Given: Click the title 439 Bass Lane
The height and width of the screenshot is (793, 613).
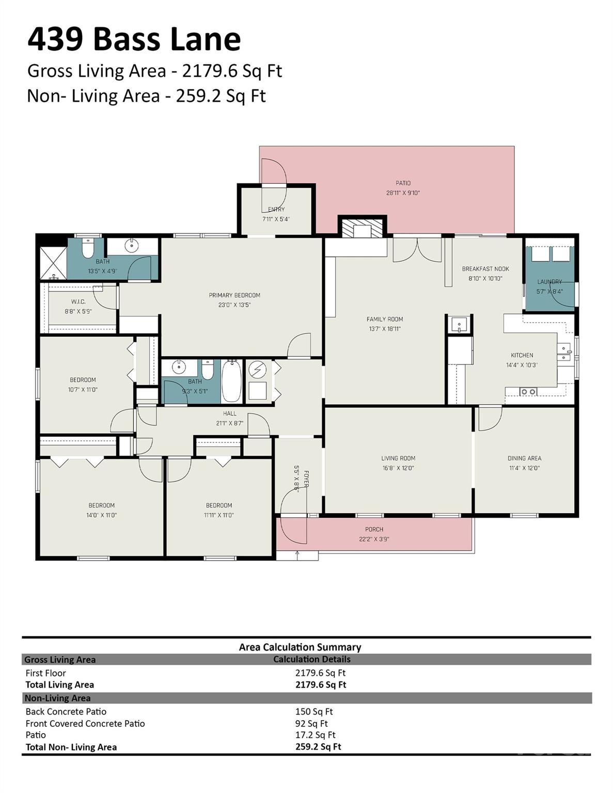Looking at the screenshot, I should (134, 39).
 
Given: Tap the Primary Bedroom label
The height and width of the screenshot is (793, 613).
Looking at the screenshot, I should (234, 295).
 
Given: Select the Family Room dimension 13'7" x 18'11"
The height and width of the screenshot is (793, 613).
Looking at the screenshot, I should (385, 329).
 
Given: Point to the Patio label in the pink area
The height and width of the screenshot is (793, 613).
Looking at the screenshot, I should (403, 183).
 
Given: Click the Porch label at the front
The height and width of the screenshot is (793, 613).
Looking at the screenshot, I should (374, 529).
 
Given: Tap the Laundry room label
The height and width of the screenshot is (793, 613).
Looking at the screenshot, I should (549, 282).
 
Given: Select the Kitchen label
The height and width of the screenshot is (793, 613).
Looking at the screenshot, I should (522, 355).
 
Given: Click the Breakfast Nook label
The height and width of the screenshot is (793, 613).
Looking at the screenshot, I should (485, 269).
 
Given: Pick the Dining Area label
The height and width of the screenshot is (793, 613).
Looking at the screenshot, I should (524, 458).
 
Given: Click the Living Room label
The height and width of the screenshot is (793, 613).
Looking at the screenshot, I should (398, 458).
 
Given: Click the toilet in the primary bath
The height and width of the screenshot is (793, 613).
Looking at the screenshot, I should (87, 249).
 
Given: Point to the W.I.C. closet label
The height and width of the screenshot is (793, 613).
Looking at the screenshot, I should (78, 302).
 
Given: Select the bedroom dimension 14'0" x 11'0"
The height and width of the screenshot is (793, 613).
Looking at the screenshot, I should (102, 515).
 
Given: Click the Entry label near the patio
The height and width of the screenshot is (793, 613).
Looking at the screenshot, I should (276, 209).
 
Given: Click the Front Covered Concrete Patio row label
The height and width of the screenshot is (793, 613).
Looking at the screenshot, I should (85, 723).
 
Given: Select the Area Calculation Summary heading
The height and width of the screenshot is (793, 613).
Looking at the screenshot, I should (300, 647).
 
